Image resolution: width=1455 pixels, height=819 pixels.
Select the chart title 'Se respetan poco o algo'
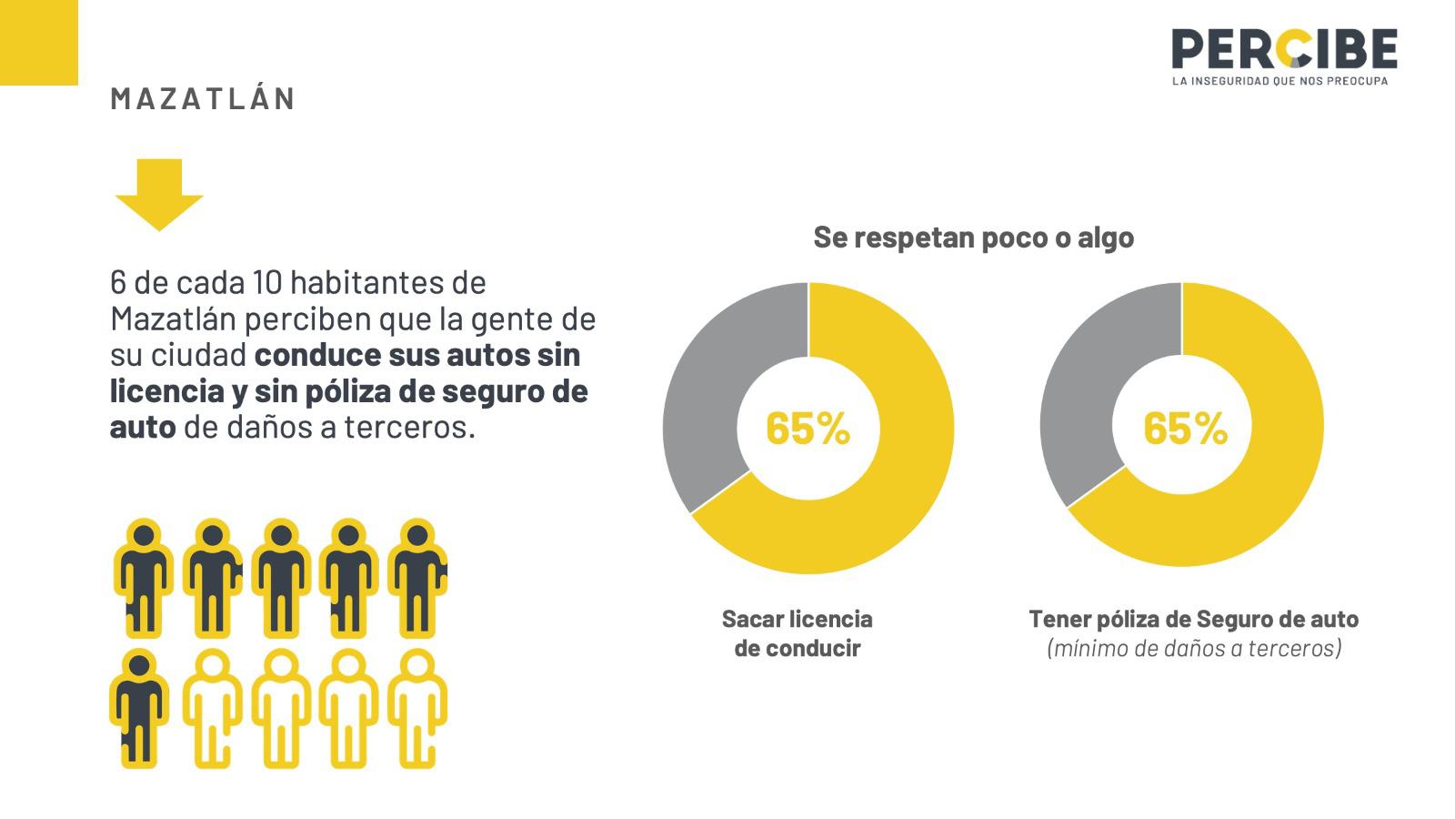point(973,238)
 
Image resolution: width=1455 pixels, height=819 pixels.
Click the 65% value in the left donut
point(808,428)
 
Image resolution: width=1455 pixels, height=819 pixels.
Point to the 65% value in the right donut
point(1185,428)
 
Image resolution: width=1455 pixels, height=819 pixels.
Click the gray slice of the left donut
point(718,382)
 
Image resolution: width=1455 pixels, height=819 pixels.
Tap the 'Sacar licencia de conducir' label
point(797,633)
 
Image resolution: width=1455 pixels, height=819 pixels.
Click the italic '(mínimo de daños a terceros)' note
point(1194,649)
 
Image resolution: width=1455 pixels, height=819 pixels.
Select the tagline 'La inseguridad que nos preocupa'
point(1283,81)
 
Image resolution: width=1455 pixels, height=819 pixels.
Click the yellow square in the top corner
point(38,42)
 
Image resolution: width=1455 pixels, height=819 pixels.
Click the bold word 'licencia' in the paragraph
point(167,391)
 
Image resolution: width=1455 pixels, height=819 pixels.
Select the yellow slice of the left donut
point(891,491)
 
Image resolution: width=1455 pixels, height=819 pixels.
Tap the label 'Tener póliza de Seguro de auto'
point(1194,619)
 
